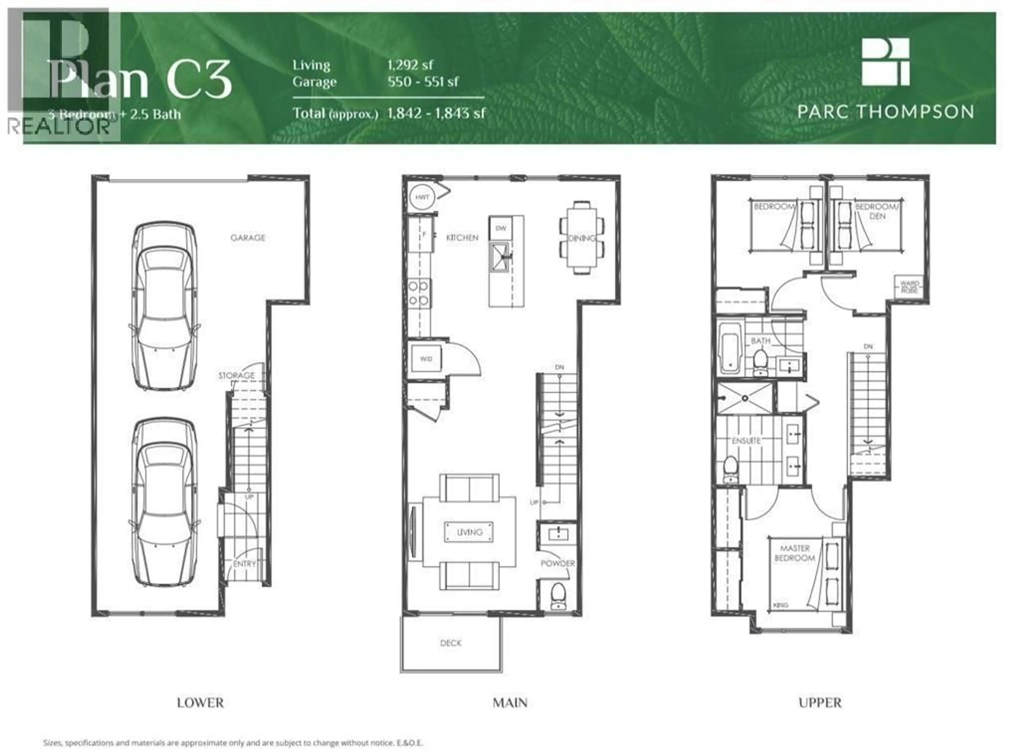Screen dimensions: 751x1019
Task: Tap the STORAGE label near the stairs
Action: click(236, 376)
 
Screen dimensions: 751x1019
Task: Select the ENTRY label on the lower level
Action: click(245, 564)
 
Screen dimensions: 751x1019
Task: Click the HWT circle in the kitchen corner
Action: click(422, 197)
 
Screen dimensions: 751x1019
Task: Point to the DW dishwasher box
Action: click(501, 228)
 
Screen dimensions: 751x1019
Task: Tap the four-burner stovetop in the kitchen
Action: click(418, 293)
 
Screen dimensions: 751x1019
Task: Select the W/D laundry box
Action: click(426, 359)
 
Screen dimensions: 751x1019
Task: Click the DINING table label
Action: click(582, 238)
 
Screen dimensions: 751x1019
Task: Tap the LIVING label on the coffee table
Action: click(469, 532)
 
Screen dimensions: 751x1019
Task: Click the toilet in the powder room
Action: click(558, 596)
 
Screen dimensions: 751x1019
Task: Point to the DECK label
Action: click(451, 643)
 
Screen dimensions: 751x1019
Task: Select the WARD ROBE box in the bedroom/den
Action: click(909, 287)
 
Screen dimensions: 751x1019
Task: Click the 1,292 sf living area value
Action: click(410, 65)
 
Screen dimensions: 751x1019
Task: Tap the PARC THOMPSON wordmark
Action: click(886, 112)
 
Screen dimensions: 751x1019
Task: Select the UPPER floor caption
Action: click(820, 703)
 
